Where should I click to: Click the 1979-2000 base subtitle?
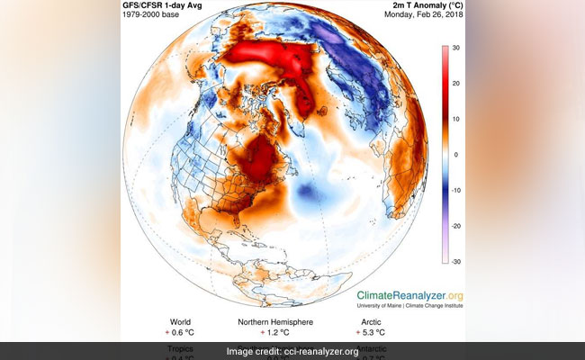click(158, 20)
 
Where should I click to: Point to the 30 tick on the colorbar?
click(457, 48)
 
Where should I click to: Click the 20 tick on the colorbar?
click(457, 84)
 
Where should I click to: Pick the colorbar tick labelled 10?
click(457, 119)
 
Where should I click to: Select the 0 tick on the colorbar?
click(455, 155)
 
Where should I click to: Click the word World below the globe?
click(180, 321)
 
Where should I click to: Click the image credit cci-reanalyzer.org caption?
click(292, 351)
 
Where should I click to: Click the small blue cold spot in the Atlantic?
click(308, 192)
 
